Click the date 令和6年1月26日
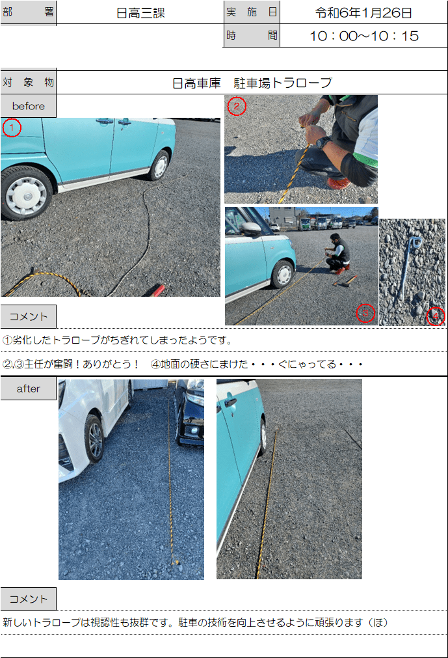click(363, 13)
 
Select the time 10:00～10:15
click(363, 36)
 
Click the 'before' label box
click(28, 106)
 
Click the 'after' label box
click(28, 389)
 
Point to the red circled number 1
click(12, 128)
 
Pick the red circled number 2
click(237, 106)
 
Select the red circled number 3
click(365, 313)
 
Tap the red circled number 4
click(436, 316)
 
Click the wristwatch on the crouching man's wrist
click(323, 143)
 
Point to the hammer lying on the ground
click(345, 281)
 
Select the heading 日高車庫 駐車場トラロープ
click(252, 83)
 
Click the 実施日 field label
click(252, 12)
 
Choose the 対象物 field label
click(28, 82)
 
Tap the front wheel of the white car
click(95, 439)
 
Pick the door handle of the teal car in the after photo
click(230, 403)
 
